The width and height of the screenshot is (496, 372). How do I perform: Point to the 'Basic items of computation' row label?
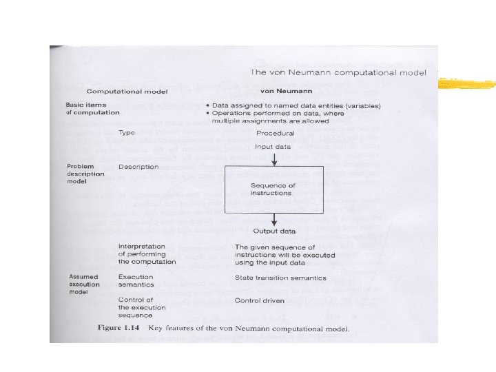pyautogui.click(x=92, y=108)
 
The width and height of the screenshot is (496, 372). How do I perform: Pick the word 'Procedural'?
pyautogui.click(x=275, y=133)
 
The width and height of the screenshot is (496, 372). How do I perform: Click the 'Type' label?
pyautogui.click(x=126, y=132)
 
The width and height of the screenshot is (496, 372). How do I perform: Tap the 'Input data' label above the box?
pyautogui.click(x=274, y=146)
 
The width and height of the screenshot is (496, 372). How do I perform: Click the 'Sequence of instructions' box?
pyautogui.click(x=274, y=189)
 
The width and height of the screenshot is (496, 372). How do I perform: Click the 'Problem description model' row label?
pyautogui.click(x=86, y=174)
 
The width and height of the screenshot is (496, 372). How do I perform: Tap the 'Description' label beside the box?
pyautogui.click(x=138, y=167)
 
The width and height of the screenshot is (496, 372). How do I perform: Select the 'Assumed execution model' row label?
pyautogui.click(x=85, y=284)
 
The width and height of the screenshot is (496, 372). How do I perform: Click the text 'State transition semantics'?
pyautogui.click(x=276, y=278)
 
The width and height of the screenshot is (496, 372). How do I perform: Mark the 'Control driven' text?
pyautogui.click(x=259, y=300)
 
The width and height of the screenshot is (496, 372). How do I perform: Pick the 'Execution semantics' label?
pyautogui.click(x=136, y=281)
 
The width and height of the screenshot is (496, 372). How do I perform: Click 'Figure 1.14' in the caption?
pyautogui.click(x=121, y=329)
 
